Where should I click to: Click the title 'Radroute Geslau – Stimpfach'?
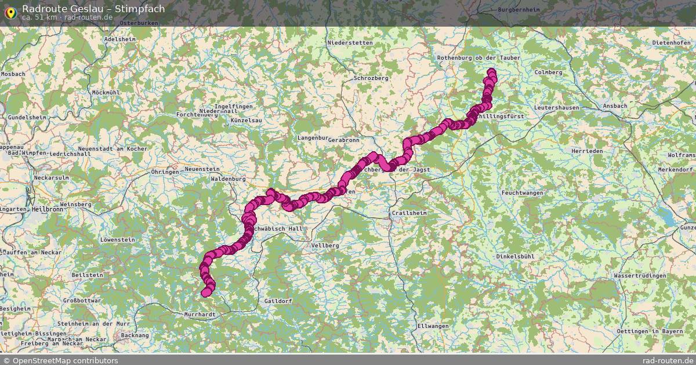click(93, 9)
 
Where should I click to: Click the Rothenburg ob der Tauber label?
click(478, 58)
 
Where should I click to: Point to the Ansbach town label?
click(615, 106)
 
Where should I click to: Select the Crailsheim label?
click(409, 213)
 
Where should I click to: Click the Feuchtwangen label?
click(522, 192)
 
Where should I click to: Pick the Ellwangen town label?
click(433, 326)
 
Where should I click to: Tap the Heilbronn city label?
click(49, 209)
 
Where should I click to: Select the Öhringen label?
click(164, 172)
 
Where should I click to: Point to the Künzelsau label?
click(246, 120)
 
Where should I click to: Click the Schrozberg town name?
click(371, 78)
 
